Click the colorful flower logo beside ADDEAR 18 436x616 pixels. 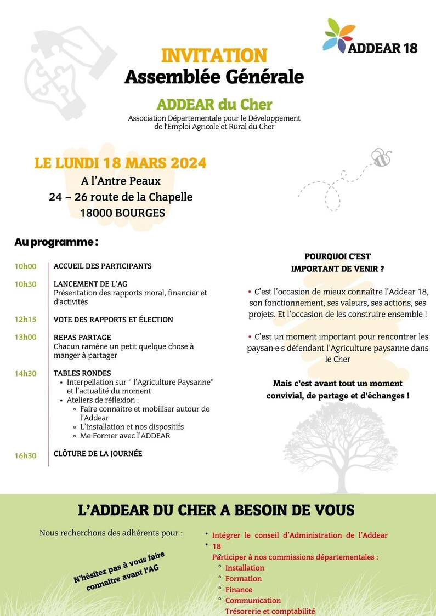point(340,36)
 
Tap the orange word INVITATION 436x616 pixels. point(214,55)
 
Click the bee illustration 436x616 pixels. point(381,157)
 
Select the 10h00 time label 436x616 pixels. point(26,266)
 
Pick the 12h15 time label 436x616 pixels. point(26,320)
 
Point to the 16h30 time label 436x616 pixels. point(26,455)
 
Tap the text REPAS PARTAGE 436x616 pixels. point(82,337)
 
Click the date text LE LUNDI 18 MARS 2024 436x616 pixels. point(121,163)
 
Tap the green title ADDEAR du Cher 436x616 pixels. point(214,104)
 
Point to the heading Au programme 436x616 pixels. point(56,242)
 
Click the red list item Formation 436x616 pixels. point(244,579)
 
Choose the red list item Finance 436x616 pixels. point(239,590)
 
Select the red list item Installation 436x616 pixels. point(245,568)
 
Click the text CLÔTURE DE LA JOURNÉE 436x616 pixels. point(98,453)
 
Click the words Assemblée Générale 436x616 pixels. point(214,77)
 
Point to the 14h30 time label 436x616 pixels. point(26,373)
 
